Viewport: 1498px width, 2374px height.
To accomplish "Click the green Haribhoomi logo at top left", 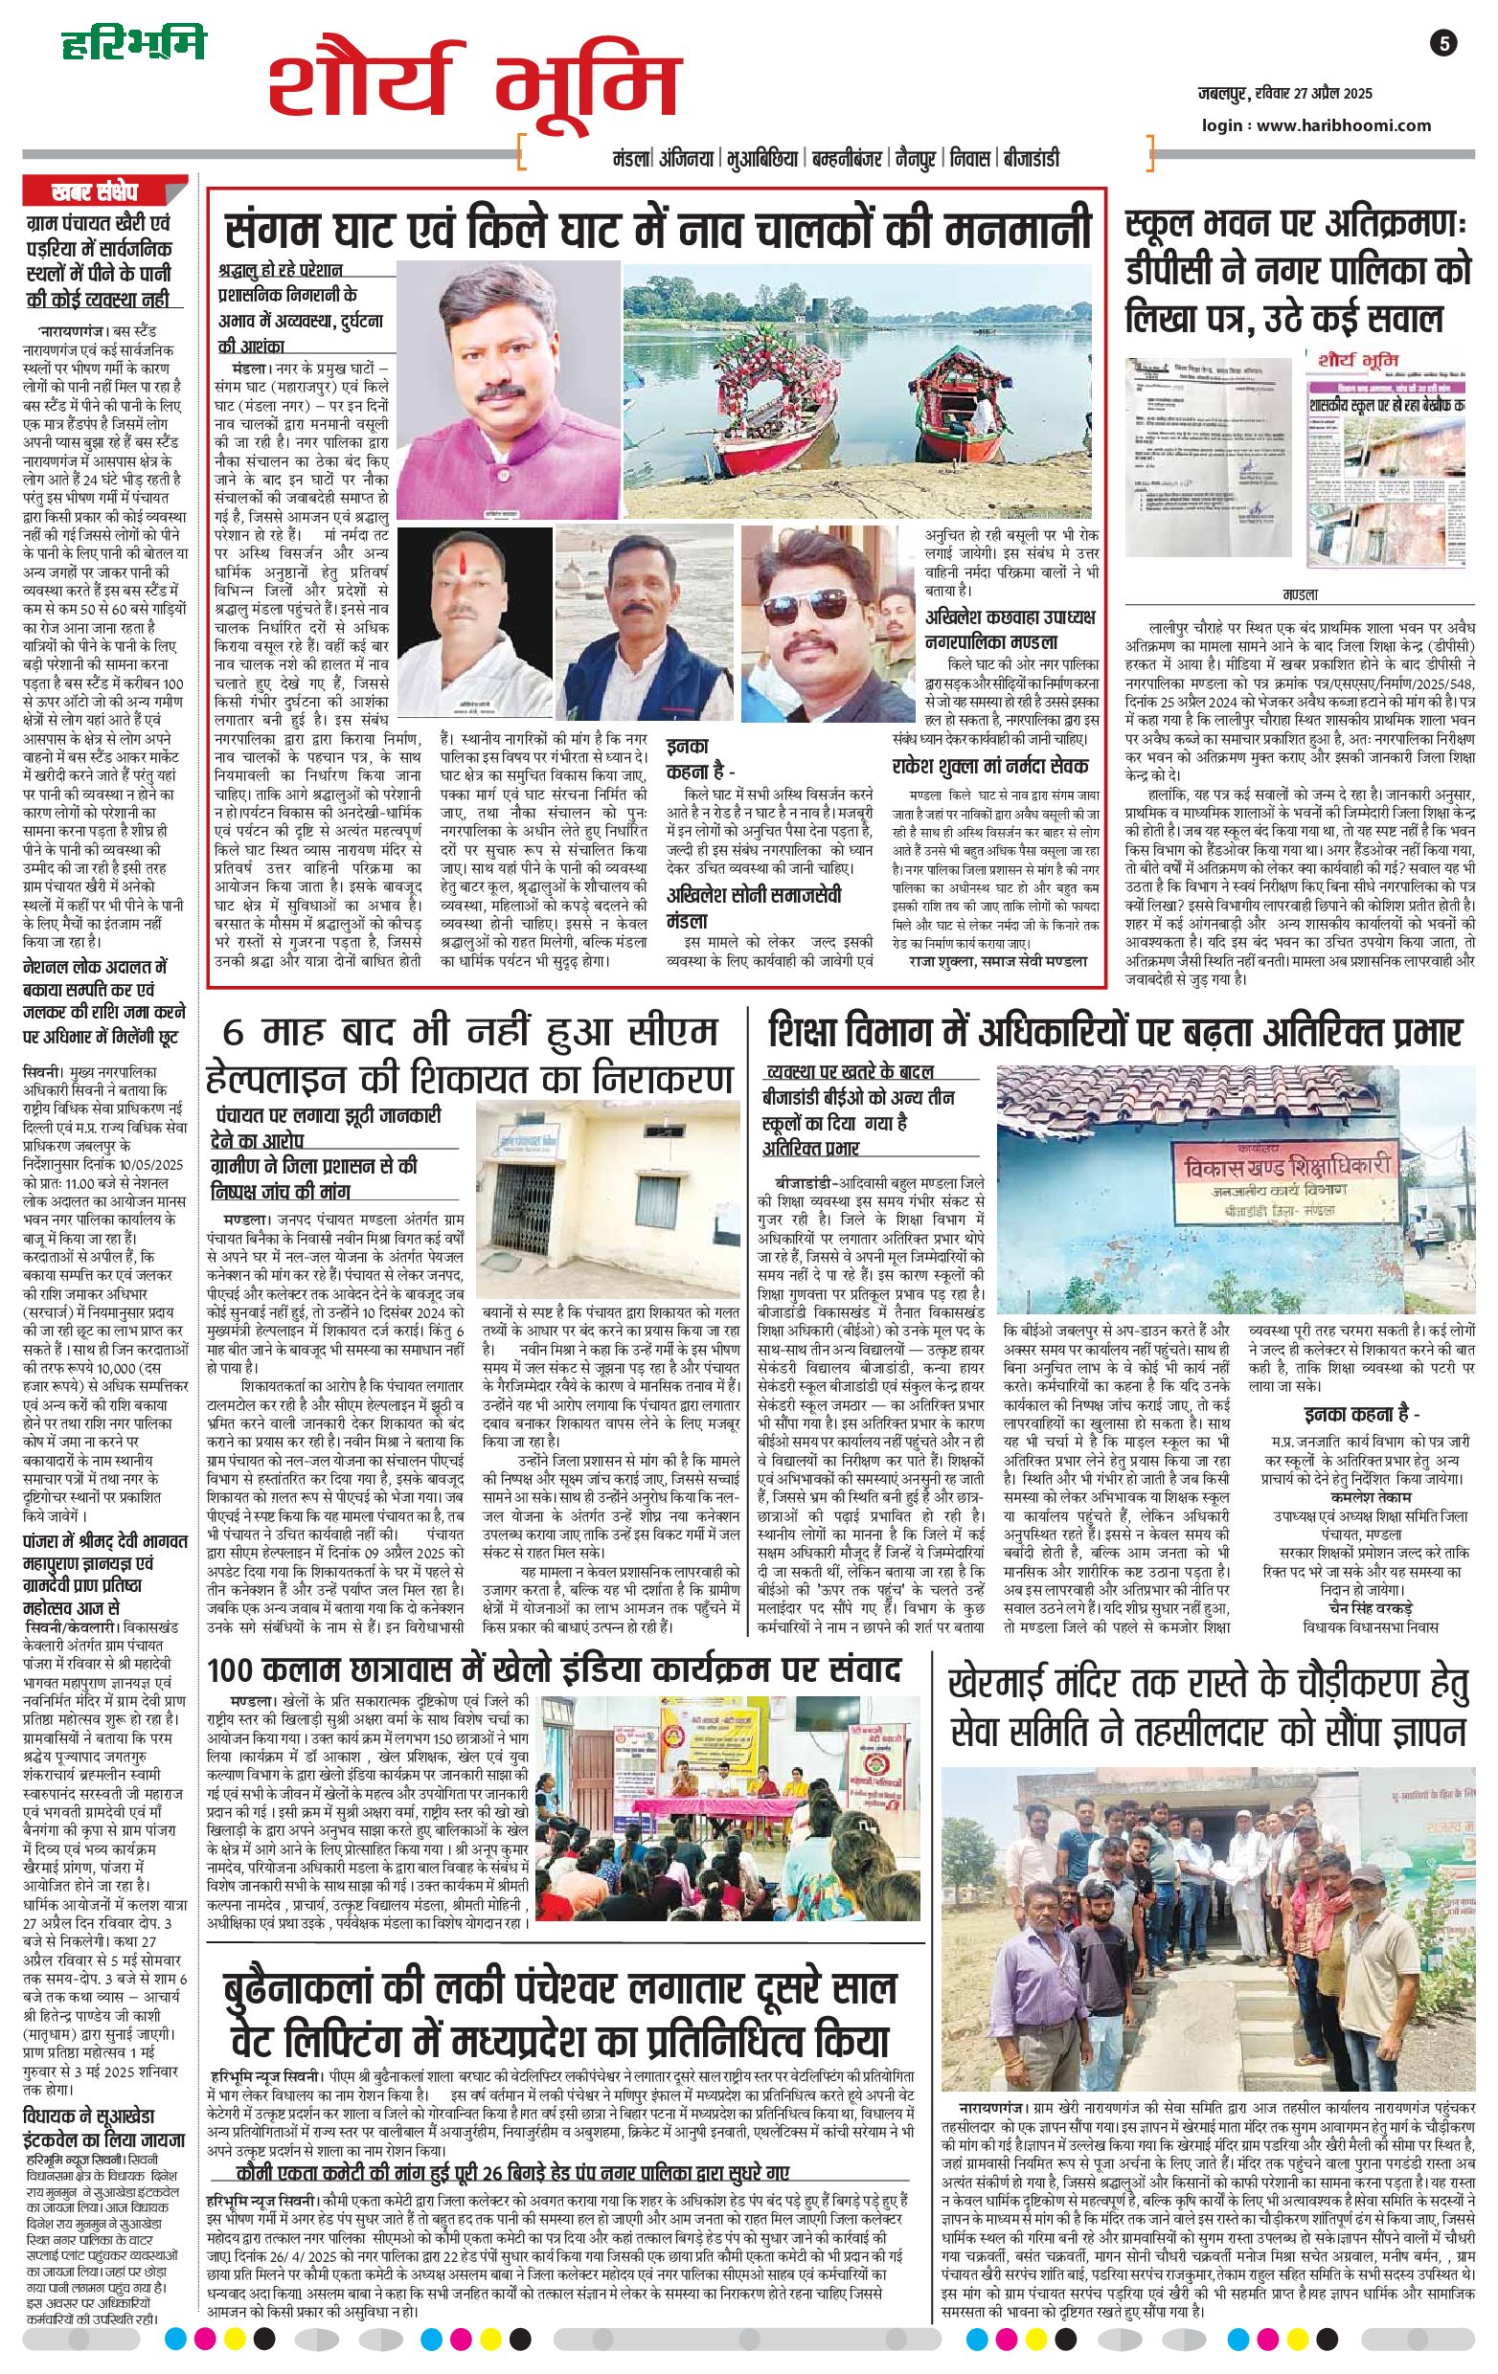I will click(134, 45).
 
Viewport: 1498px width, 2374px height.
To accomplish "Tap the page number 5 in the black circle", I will click(1444, 43).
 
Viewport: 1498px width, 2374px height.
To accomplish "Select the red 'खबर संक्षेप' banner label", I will click(98, 190).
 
